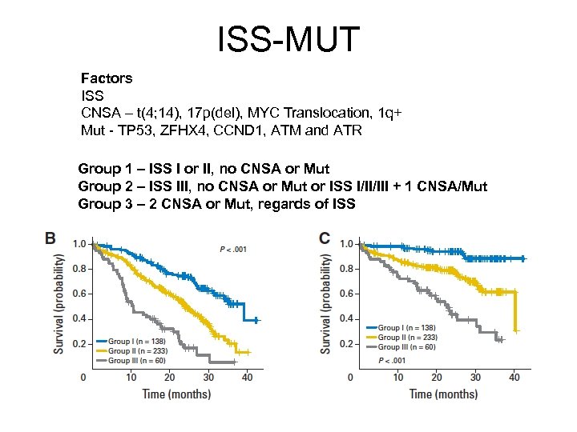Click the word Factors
point(107,78)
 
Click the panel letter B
point(50,238)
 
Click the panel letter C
point(325,238)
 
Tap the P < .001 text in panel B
point(233,249)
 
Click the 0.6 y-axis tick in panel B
point(79,294)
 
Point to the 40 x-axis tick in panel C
point(513,377)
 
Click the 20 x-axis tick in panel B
point(170,377)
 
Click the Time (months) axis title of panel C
point(443,394)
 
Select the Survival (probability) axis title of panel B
point(59,304)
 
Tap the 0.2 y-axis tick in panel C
point(346,344)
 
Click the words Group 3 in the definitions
point(99,203)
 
